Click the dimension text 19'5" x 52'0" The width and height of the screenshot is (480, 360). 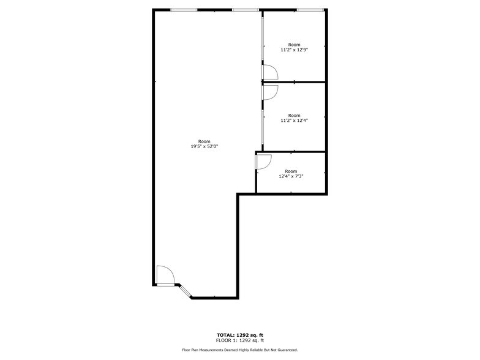click(x=204, y=146)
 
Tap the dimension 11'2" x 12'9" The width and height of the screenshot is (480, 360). click(x=294, y=50)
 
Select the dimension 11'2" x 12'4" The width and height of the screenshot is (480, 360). click(x=294, y=120)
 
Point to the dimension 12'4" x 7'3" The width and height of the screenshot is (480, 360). click(x=291, y=176)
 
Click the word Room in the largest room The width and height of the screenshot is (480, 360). click(x=204, y=141)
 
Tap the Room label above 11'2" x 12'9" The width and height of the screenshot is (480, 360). click(x=294, y=44)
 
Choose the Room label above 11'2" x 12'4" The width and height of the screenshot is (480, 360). click(x=294, y=114)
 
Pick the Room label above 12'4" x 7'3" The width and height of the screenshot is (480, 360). click(x=291, y=171)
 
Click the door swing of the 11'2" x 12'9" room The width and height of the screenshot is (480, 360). click(x=270, y=72)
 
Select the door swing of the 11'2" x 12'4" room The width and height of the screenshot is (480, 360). click(x=270, y=91)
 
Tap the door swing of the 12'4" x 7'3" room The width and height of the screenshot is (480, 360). click(x=263, y=161)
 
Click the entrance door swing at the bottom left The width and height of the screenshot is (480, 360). click(x=165, y=274)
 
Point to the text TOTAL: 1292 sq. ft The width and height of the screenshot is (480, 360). click(x=239, y=335)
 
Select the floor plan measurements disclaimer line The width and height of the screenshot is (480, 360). click(x=239, y=350)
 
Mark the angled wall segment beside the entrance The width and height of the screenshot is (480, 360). click(x=184, y=291)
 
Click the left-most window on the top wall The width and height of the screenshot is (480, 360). click(x=184, y=10)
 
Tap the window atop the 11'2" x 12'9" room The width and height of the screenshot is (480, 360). click(x=310, y=10)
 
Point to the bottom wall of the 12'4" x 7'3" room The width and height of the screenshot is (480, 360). click(x=290, y=194)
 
